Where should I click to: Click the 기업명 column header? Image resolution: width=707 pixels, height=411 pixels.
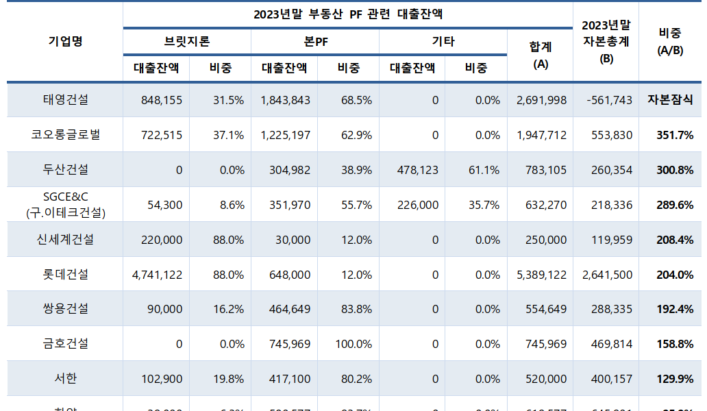[x=65, y=41]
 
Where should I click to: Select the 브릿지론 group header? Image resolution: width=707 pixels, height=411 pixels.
[x=187, y=41]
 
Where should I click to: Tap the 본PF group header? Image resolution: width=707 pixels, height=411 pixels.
[x=315, y=41]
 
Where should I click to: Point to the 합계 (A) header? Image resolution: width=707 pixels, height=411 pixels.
[x=541, y=55]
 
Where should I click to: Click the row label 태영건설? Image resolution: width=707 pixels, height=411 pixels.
[x=65, y=100]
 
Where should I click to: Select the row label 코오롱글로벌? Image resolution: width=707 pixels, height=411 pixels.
[x=65, y=135]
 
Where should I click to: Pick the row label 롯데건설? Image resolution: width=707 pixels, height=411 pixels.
[x=65, y=275]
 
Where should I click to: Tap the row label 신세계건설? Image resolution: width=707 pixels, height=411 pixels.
[x=65, y=240]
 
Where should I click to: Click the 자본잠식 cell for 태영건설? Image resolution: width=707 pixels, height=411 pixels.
[x=670, y=100]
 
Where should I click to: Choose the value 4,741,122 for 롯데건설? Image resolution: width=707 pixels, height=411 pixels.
[x=157, y=275]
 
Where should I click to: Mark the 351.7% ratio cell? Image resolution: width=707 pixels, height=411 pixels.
[x=675, y=135]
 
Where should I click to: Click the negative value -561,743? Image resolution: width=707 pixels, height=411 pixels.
[x=609, y=100]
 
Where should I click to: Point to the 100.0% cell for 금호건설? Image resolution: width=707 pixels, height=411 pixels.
[x=353, y=344]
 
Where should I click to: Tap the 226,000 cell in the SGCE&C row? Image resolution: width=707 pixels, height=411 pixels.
[x=418, y=205]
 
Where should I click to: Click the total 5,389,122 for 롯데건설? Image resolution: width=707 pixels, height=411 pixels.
[x=541, y=275]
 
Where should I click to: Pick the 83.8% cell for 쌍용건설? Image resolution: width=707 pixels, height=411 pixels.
[x=356, y=309]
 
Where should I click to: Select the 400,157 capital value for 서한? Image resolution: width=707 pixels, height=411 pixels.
[x=612, y=379]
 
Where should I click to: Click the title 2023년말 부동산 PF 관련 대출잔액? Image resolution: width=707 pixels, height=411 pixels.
[x=348, y=14]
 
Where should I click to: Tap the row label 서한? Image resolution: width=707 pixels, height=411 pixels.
[x=65, y=379]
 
